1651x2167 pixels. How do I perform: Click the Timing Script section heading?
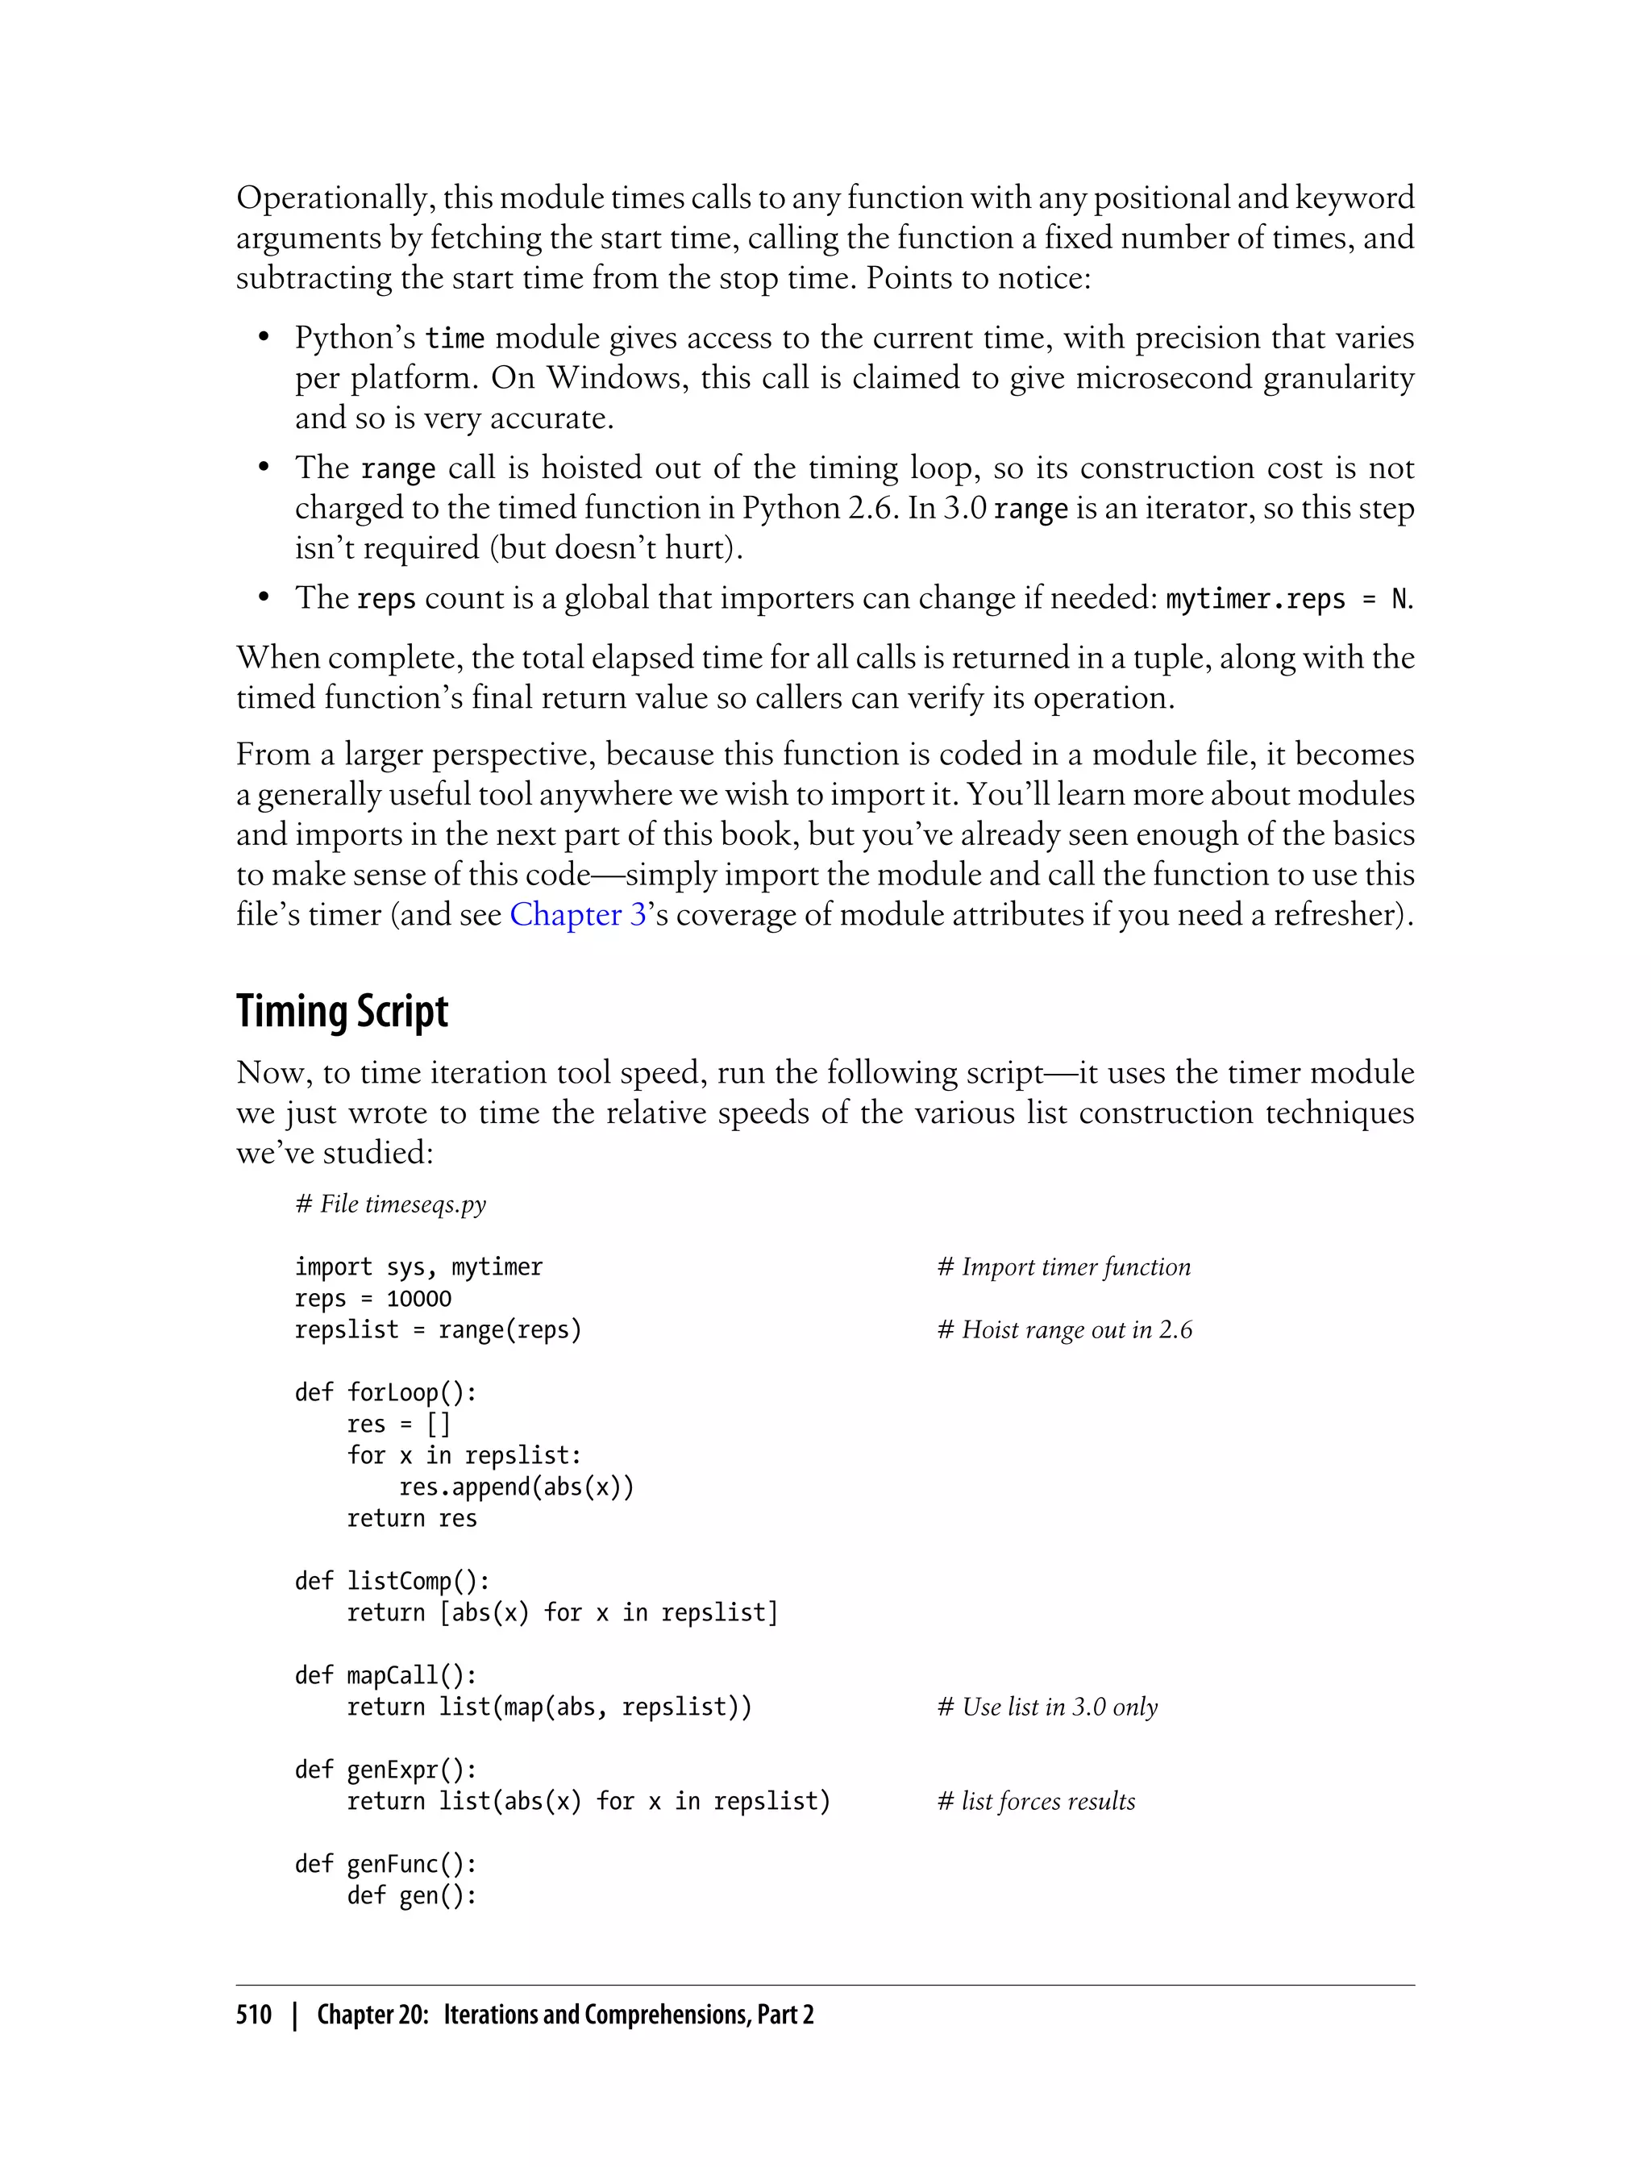[x=342, y=1011]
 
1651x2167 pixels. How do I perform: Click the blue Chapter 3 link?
[x=577, y=915]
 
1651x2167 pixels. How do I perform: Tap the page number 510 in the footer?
[x=254, y=2015]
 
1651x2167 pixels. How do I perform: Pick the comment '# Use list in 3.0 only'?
[x=1048, y=1707]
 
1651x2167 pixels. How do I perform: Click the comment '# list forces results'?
[x=1036, y=1802]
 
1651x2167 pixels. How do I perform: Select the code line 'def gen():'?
[x=412, y=1896]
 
